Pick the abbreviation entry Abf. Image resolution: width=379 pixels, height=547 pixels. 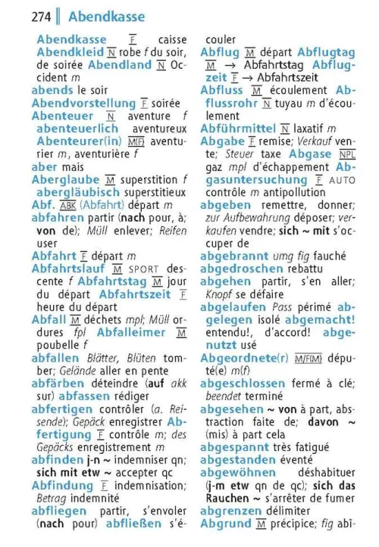(x=43, y=205)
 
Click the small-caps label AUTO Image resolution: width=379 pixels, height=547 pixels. (x=343, y=180)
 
